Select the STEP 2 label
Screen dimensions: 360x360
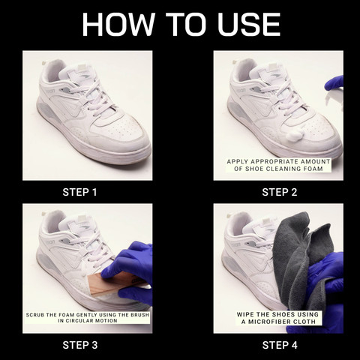tap(278, 192)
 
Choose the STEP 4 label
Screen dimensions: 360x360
tap(278, 345)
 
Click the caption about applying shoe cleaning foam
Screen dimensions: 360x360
tap(278, 165)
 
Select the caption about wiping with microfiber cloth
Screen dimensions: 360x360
tap(278, 317)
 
